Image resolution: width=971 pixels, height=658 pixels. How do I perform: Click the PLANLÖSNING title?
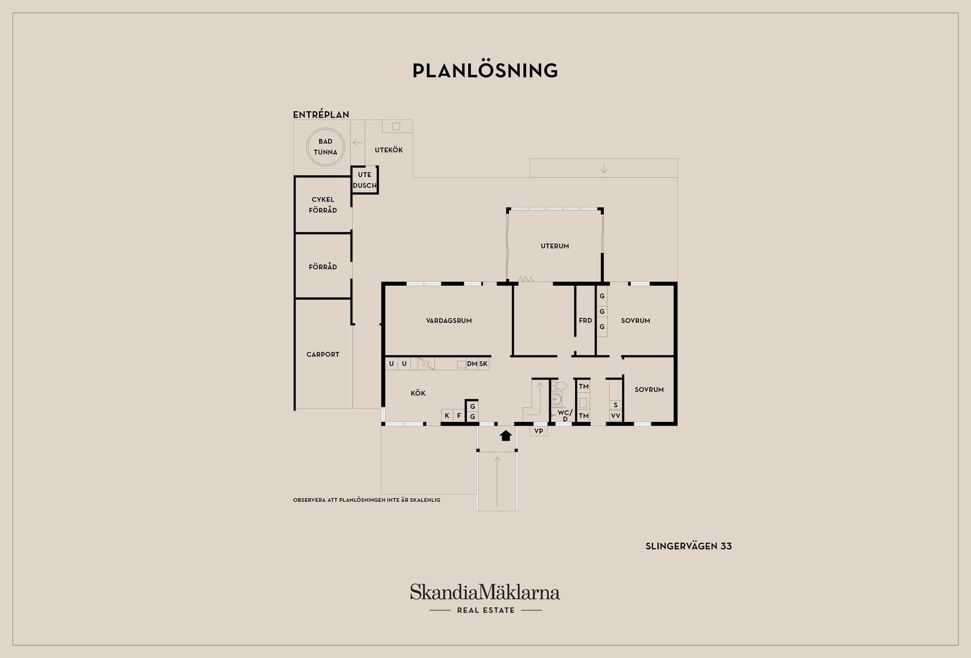[x=485, y=71]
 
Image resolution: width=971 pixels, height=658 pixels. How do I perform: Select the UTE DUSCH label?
[x=365, y=180]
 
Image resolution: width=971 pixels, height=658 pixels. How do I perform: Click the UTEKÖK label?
[x=389, y=150]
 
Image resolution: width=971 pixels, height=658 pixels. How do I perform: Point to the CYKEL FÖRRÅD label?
[x=323, y=205]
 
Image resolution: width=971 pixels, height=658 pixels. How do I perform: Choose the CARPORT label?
[x=323, y=354]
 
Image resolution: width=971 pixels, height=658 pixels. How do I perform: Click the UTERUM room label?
[x=555, y=246]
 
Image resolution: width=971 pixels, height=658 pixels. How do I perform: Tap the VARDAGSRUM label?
[x=449, y=320]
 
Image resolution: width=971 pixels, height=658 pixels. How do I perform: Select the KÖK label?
[x=418, y=393]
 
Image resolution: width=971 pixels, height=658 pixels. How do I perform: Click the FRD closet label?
[x=585, y=320]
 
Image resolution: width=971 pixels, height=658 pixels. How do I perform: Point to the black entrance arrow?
[x=506, y=435]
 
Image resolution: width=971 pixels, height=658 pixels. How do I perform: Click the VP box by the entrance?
[x=539, y=431]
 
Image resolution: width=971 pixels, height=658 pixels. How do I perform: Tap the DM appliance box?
[x=472, y=364]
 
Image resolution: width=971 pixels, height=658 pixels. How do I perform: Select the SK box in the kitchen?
[x=483, y=364]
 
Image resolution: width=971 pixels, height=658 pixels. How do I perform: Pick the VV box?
[x=615, y=416]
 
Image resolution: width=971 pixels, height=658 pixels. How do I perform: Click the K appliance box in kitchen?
[x=447, y=415]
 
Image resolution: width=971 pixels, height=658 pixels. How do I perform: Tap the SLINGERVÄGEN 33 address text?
[x=689, y=546]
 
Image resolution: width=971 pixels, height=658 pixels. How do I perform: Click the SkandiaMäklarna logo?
[x=485, y=598]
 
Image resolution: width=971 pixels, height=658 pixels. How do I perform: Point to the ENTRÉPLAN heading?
[x=321, y=115]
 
